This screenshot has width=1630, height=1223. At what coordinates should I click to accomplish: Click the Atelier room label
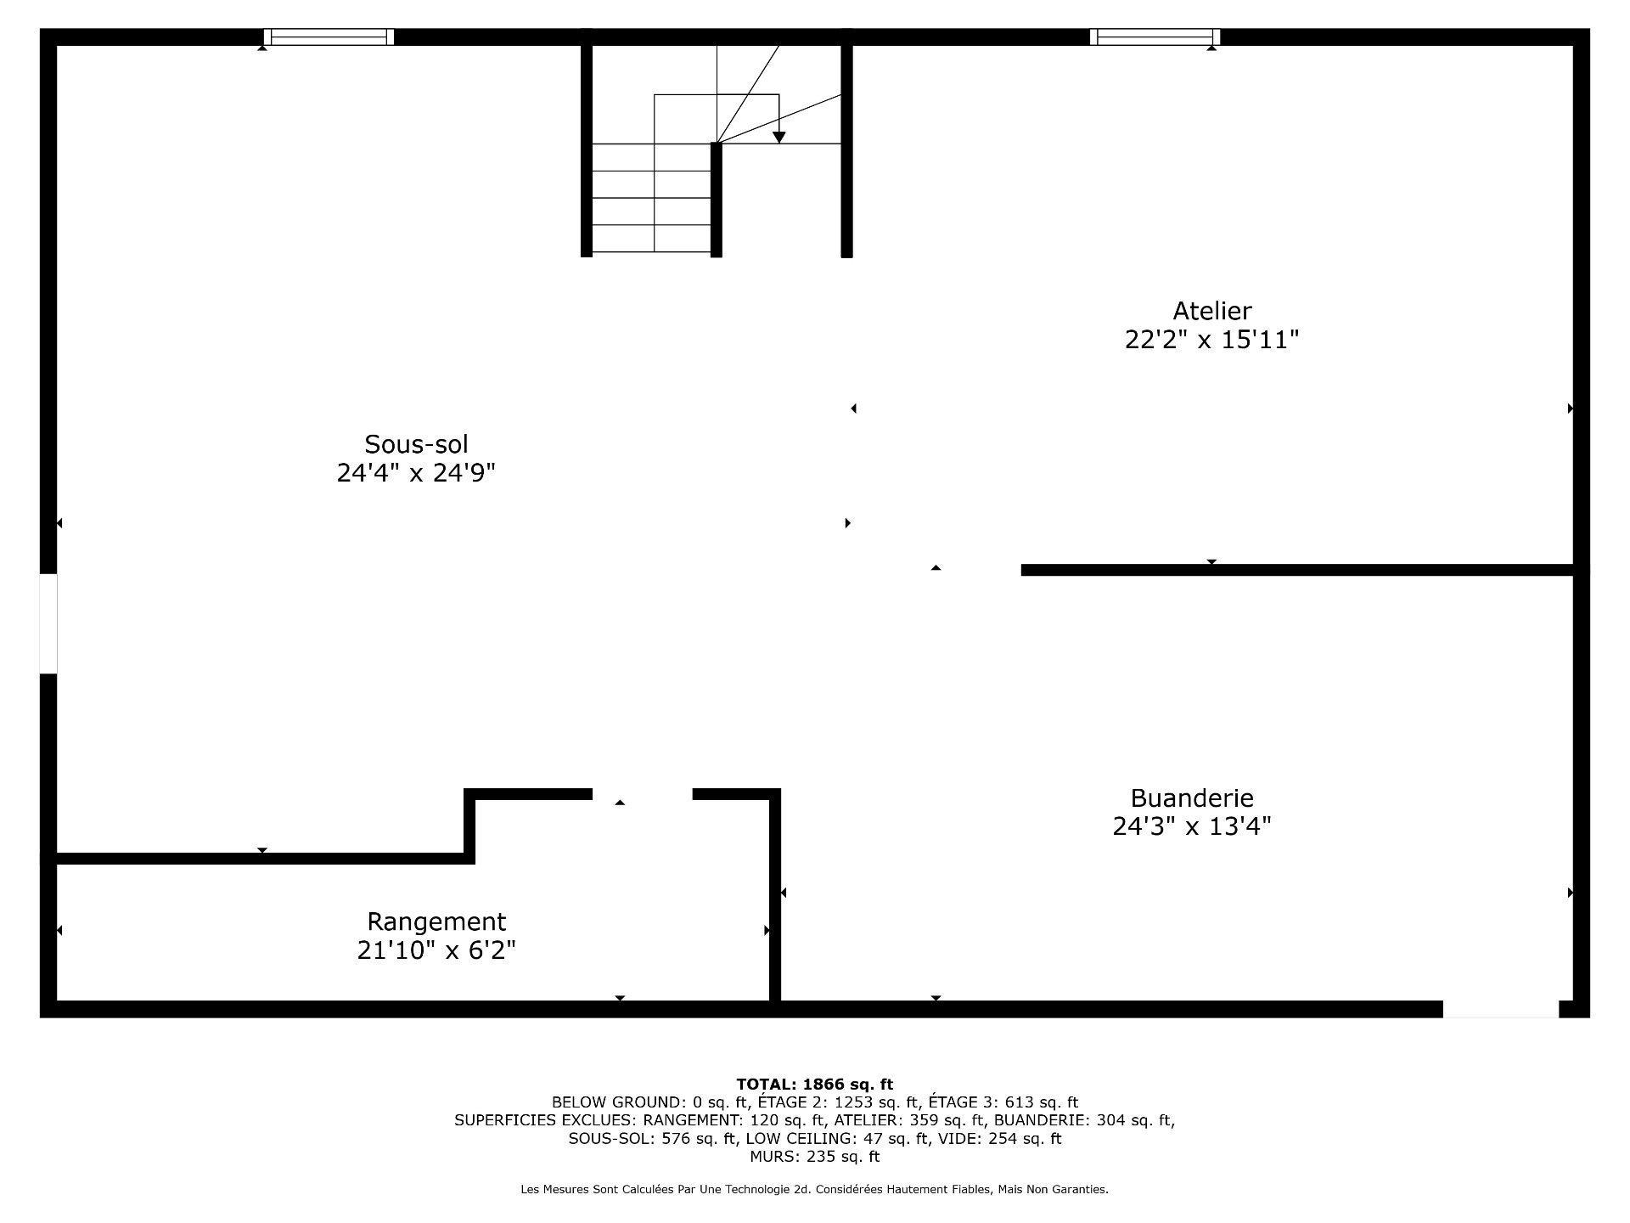(1211, 311)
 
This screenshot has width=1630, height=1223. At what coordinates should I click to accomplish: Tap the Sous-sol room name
(416, 444)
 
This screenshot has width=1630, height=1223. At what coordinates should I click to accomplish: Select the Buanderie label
(1191, 798)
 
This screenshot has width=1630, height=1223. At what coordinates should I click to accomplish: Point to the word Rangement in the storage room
(436, 921)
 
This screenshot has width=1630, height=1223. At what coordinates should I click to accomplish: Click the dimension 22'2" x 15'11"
(1211, 341)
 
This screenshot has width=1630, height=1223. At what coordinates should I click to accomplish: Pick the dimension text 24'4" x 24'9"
(416, 473)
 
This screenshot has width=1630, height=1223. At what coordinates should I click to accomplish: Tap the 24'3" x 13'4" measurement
(1191, 826)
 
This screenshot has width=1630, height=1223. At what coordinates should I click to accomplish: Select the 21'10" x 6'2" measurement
(436, 950)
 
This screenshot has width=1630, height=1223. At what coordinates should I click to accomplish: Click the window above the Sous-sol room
(329, 37)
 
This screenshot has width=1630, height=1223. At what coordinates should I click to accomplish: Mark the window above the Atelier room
(1155, 37)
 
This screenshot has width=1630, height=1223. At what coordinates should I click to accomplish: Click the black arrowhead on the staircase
(778, 138)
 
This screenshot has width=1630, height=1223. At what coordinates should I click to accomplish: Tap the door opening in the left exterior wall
(48, 624)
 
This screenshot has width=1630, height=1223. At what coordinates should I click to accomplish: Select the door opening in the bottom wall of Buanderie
(1501, 1009)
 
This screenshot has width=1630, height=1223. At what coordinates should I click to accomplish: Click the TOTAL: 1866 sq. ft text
(814, 1085)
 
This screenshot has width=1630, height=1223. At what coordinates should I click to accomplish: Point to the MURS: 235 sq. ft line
(814, 1157)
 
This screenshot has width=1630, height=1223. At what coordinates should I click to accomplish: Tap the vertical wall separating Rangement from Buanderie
(775, 896)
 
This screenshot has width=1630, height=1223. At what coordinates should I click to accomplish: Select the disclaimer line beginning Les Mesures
(814, 1190)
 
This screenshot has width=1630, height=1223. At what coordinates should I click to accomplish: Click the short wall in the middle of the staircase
(716, 200)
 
